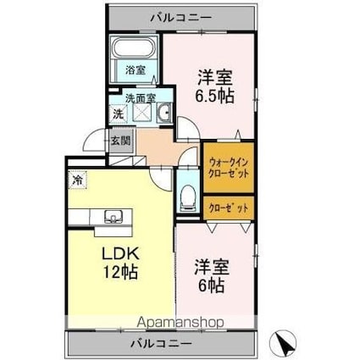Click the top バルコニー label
180,17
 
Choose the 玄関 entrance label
119,141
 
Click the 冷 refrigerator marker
77,180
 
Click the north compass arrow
285,342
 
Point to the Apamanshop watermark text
180,322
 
